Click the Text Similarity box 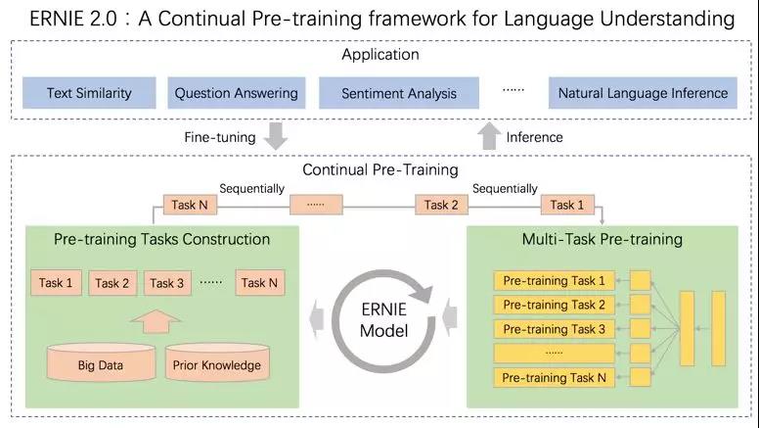(x=88, y=94)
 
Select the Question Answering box (x=236, y=94)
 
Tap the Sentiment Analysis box (x=399, y=94)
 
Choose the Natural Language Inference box (x=643, y=94)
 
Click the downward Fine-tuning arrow (x=277, y=137)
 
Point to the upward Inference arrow (x=488, y=137)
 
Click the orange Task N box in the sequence (x=189, y=205)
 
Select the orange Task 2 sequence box (x=441, y=205)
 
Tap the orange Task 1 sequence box (x=562, y=205)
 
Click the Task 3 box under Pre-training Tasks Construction (x=167, y=283)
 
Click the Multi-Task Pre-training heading (x=603, y=239)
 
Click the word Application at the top (x=379, y=55)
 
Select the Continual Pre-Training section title (x=379, y=169)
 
